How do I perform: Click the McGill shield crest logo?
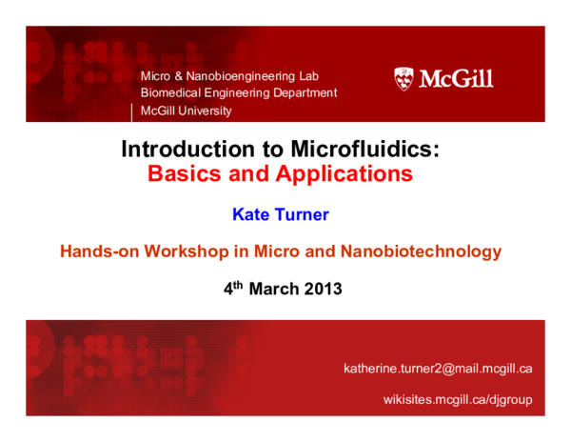point(404,78)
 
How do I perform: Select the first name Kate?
point(250,214)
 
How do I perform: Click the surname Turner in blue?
point(301,214)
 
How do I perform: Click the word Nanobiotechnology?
point(422,251)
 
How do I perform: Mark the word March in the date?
point(273,289)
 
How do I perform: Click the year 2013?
point(323,289)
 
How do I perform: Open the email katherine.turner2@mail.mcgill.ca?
point(438,368)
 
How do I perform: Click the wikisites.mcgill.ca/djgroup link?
point(458,399)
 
